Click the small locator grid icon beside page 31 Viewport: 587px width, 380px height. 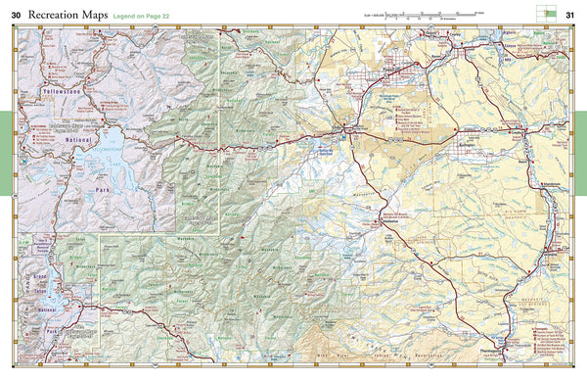pyautogui.click(x=543, y=12)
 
